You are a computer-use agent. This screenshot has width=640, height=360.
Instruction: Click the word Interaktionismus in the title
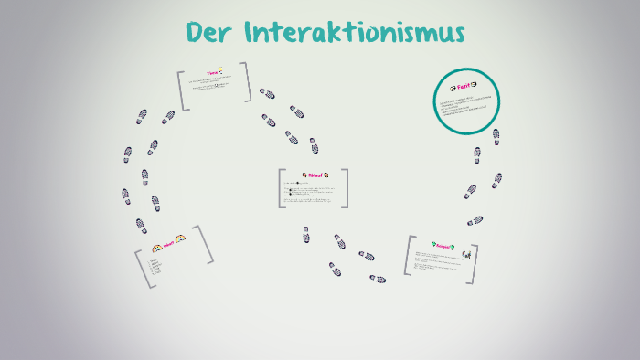[x=356, y=33]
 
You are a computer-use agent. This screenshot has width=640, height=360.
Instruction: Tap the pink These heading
[x=212, y=72]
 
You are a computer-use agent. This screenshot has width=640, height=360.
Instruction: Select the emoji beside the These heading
[x=222, y=71]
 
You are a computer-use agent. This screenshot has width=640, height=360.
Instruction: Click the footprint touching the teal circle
[x=495, y=135]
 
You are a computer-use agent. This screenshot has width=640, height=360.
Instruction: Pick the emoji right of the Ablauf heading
[x=325, y=175]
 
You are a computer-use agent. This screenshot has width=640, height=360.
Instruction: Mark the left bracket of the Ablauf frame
[x=281, y=188]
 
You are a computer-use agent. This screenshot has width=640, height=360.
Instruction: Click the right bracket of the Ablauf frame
[x=346, y=188]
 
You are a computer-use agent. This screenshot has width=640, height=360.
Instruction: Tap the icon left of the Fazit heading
[x=452, y=89]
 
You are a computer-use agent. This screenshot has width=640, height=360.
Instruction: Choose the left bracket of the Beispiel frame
[x=408, y=256]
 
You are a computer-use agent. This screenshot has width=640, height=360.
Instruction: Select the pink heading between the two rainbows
[x=168, y=244]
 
